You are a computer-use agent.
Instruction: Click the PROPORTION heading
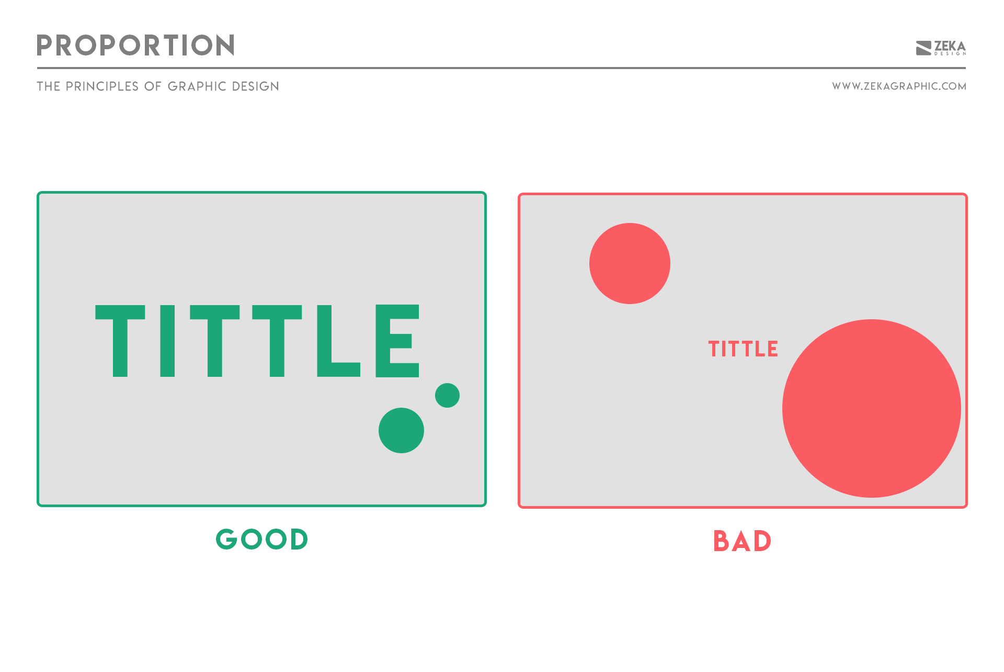tap(135, 46)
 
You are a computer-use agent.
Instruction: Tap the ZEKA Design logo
tap(940, 48)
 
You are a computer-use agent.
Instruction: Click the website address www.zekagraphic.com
tap(899, 86)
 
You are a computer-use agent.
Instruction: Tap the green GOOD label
tap(262, 539)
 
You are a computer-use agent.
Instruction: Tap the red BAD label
tap(742, 541)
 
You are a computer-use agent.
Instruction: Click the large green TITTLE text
tap(257, 341)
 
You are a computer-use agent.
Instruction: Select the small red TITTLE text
tap(743, 349)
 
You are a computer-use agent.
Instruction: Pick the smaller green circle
tap(447, 395)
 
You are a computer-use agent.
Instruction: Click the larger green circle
tap(401, 430)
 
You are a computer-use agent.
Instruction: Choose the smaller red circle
tap(630, 263)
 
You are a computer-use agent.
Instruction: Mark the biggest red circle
tap(871, 408)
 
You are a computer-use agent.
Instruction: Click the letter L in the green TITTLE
tap(337, 341)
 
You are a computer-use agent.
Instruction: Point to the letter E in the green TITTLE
tap(397, 341)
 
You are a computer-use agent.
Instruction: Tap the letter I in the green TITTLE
tap(167, 341)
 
